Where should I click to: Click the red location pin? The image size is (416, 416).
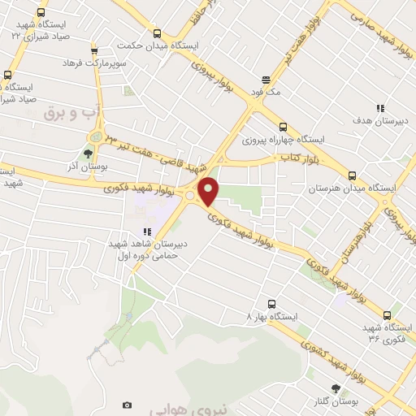point(209,191)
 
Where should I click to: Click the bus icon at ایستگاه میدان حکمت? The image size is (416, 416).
point(157,34)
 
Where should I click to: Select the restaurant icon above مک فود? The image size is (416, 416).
point(266,80)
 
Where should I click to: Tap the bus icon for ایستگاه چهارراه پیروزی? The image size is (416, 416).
point(283,127)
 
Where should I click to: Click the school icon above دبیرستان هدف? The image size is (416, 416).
point(379,108)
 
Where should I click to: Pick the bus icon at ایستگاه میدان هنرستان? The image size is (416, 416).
point(352,175)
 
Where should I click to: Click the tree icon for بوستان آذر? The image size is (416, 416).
point(89,153)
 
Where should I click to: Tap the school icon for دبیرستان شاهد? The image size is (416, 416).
point(147,232)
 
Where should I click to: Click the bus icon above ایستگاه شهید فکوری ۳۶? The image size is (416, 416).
point(386,315)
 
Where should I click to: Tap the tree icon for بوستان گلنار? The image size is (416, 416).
point(334,389)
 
